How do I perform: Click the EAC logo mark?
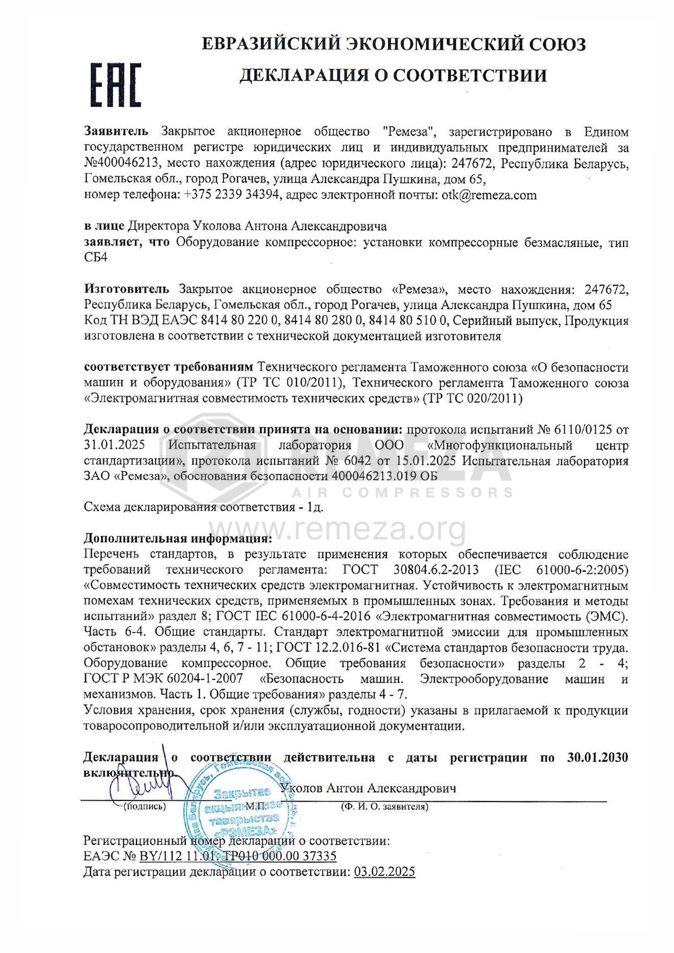click(x=116, y=85)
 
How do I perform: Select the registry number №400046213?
click(x=121, y=163)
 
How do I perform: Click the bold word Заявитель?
click(x=116, y=131)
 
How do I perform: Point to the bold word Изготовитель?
click(x=126, y=289)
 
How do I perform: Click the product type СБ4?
click(x=96, y=257)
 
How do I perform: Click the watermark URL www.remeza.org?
click(x=337, y=530)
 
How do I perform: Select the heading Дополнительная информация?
click(x=177, y=538)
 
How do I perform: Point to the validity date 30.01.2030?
click(x=597, y=757)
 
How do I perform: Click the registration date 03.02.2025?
click(x=384, y=872)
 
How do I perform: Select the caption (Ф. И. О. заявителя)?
click(x=384, y=807)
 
